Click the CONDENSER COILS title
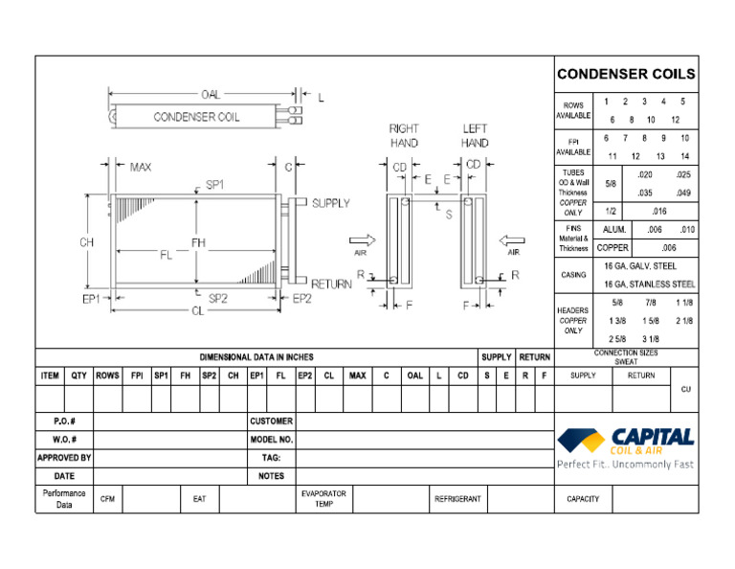pyautogui.click(x=626, y=74)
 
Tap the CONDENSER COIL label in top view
pyautogui.click(x=197, y=117)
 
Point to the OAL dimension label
pyautogui.click(x=210, y=95)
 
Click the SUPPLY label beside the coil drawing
pyautogui.click(x=331, y=203)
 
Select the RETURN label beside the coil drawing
pyautogui.click(x=331, y=284)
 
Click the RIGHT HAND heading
pyautogui.click(x=403, y=136)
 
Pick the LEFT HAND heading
pyautogui.click(x=475, y=136)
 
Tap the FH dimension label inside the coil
pyautogui.click(x=198, y=243)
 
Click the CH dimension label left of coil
pyautogui.click(x=86, y=242)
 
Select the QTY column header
pyautogui.click(x=78, y=376)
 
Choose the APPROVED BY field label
pyautogui.click(x=64, y=458)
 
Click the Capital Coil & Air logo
pyautogui.click(x=626, y=446)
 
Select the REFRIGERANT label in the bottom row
pyautogui.click(x=457, y=499)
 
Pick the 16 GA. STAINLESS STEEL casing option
pyautogui.click(x=649, y=284)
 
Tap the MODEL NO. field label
pyautogui.click(x=271, y=440)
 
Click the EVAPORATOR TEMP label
pyautogui.click(x=323, y=499)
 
